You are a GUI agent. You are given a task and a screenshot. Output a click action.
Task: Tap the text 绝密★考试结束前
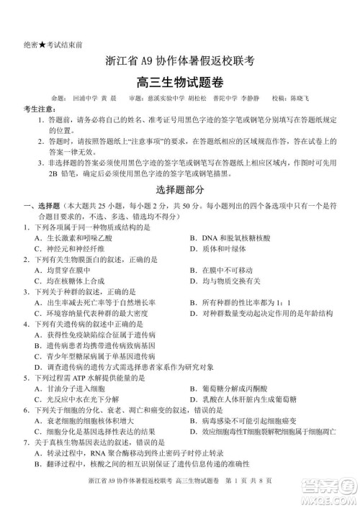click(51, 44)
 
